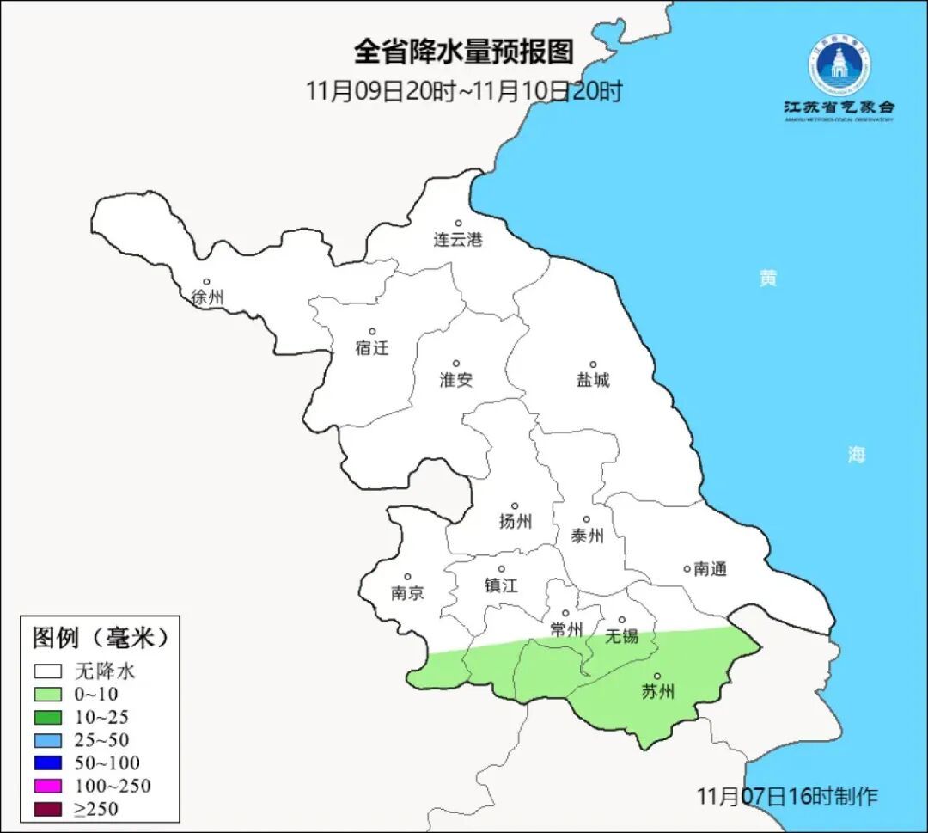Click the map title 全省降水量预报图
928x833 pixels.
tap(463, 52)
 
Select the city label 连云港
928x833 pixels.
tap(458, 240)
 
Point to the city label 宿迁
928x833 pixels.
tap(372, 348)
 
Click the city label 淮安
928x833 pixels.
tap(456, 380)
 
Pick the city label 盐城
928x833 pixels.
tap(593, 380)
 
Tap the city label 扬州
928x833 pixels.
tap(516, 521)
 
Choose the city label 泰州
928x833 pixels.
tap(587, 536)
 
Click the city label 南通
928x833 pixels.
tap(710, 568)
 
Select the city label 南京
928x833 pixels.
tap(407, 593)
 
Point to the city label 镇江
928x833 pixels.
tap(501, 585)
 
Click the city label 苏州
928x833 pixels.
tap(658, 692)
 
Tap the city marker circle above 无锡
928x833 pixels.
tap(622, 620)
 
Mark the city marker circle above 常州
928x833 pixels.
tap(565, 614)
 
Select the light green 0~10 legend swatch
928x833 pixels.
tap(48, 695)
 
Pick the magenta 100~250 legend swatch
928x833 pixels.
tap(48, 786)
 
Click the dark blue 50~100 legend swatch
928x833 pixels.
tap(48, 763)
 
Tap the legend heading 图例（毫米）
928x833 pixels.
tap(100, 638)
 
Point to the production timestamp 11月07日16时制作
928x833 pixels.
tap(787, 797)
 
